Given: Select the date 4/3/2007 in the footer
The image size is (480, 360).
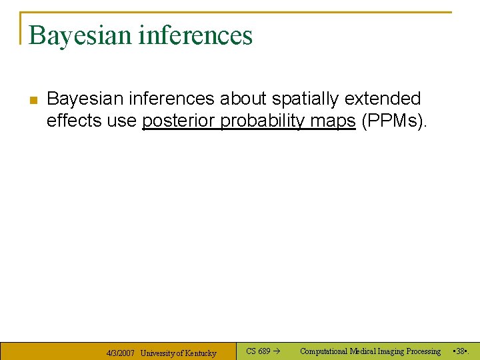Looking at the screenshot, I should click(x=121, y=353).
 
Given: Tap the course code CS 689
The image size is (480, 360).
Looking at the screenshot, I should click(x=258, y=351).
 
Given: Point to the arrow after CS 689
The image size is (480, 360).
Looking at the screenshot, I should click(x=277, y=351).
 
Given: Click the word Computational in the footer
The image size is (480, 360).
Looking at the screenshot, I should click(x=324, y=351).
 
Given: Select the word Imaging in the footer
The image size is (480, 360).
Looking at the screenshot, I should click(x=388, y=351).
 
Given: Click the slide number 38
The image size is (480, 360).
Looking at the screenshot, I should click(x=461, y=351).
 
